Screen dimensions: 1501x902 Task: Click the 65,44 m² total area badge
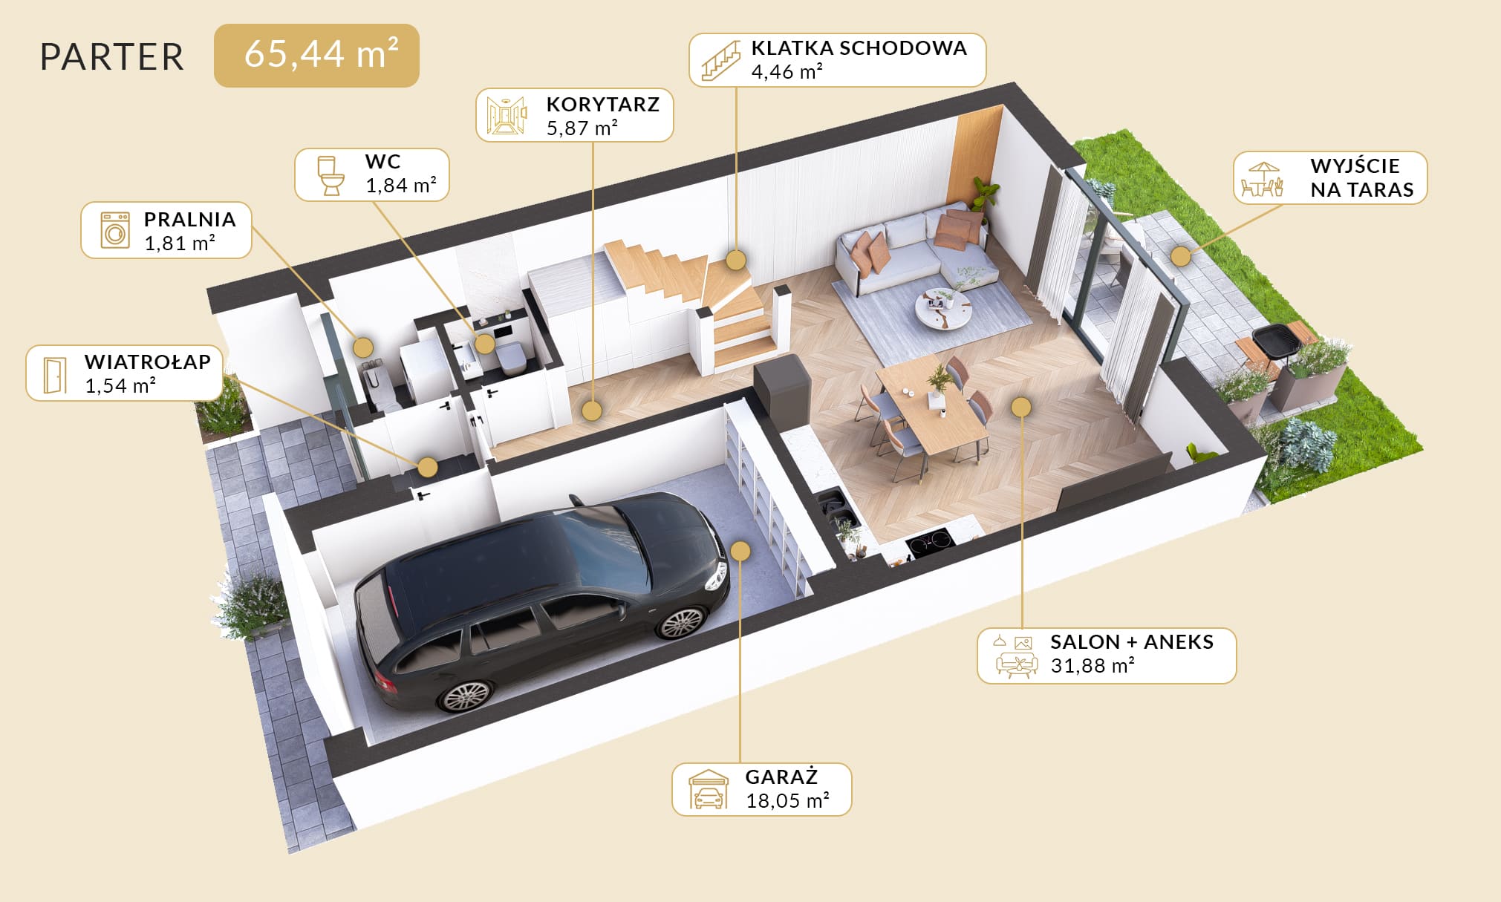tap(316, 56)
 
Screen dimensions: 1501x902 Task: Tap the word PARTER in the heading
tap(112, 57)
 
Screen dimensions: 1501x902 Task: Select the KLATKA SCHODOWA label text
tap(859, 48)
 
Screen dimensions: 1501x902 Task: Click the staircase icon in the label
tap(721, 61)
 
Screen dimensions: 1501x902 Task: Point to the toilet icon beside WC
tap(331, 175)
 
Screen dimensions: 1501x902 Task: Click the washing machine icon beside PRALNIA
tap(115, 230)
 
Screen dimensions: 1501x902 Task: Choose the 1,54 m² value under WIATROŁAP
tap(120, 385)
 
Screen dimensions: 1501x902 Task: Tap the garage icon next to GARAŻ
tap(709, 789)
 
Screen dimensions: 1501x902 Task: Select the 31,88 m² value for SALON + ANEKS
tap(1093, 665)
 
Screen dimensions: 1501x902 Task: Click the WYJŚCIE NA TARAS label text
tap(1362, 177)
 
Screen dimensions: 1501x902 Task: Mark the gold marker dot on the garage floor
tap(740, 551)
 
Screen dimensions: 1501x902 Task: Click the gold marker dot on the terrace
tap(1181, 257)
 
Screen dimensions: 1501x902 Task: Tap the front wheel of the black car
tap(681, 622)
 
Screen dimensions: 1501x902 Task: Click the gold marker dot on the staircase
tap(736, 260)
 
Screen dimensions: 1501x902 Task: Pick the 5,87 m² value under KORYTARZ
tap(582, 128)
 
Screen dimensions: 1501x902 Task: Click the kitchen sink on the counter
tap(836, 504)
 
